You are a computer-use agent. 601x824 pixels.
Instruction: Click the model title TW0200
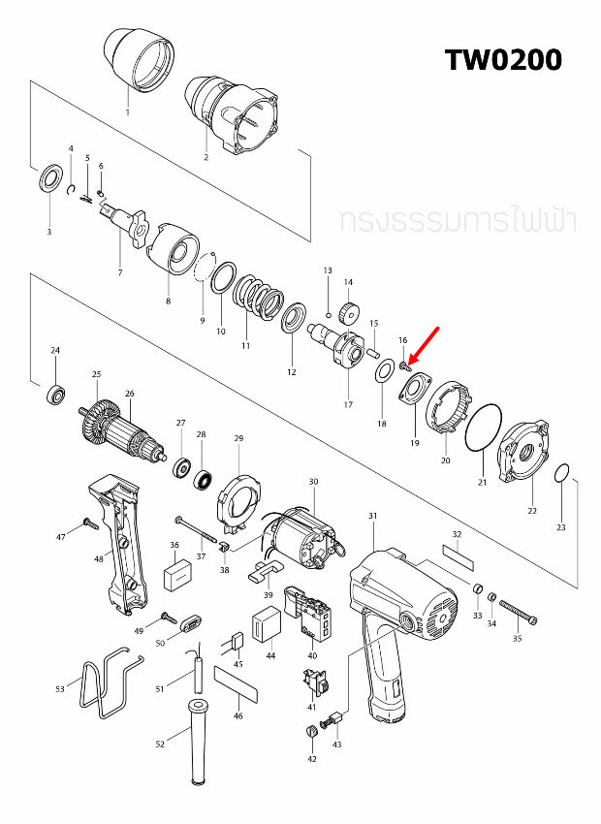click(503, 59)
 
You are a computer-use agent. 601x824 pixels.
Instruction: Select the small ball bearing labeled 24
click(56, 394)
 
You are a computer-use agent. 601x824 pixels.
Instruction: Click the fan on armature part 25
click(96, 422)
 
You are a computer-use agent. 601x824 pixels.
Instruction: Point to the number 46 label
click(238, 715)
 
